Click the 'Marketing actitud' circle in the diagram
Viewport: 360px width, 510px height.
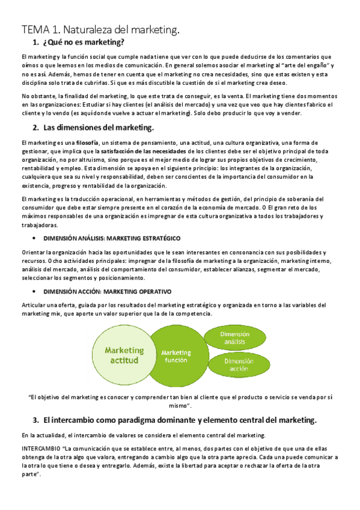tap(124, 355)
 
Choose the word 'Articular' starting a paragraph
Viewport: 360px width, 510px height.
tap(34, 306)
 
